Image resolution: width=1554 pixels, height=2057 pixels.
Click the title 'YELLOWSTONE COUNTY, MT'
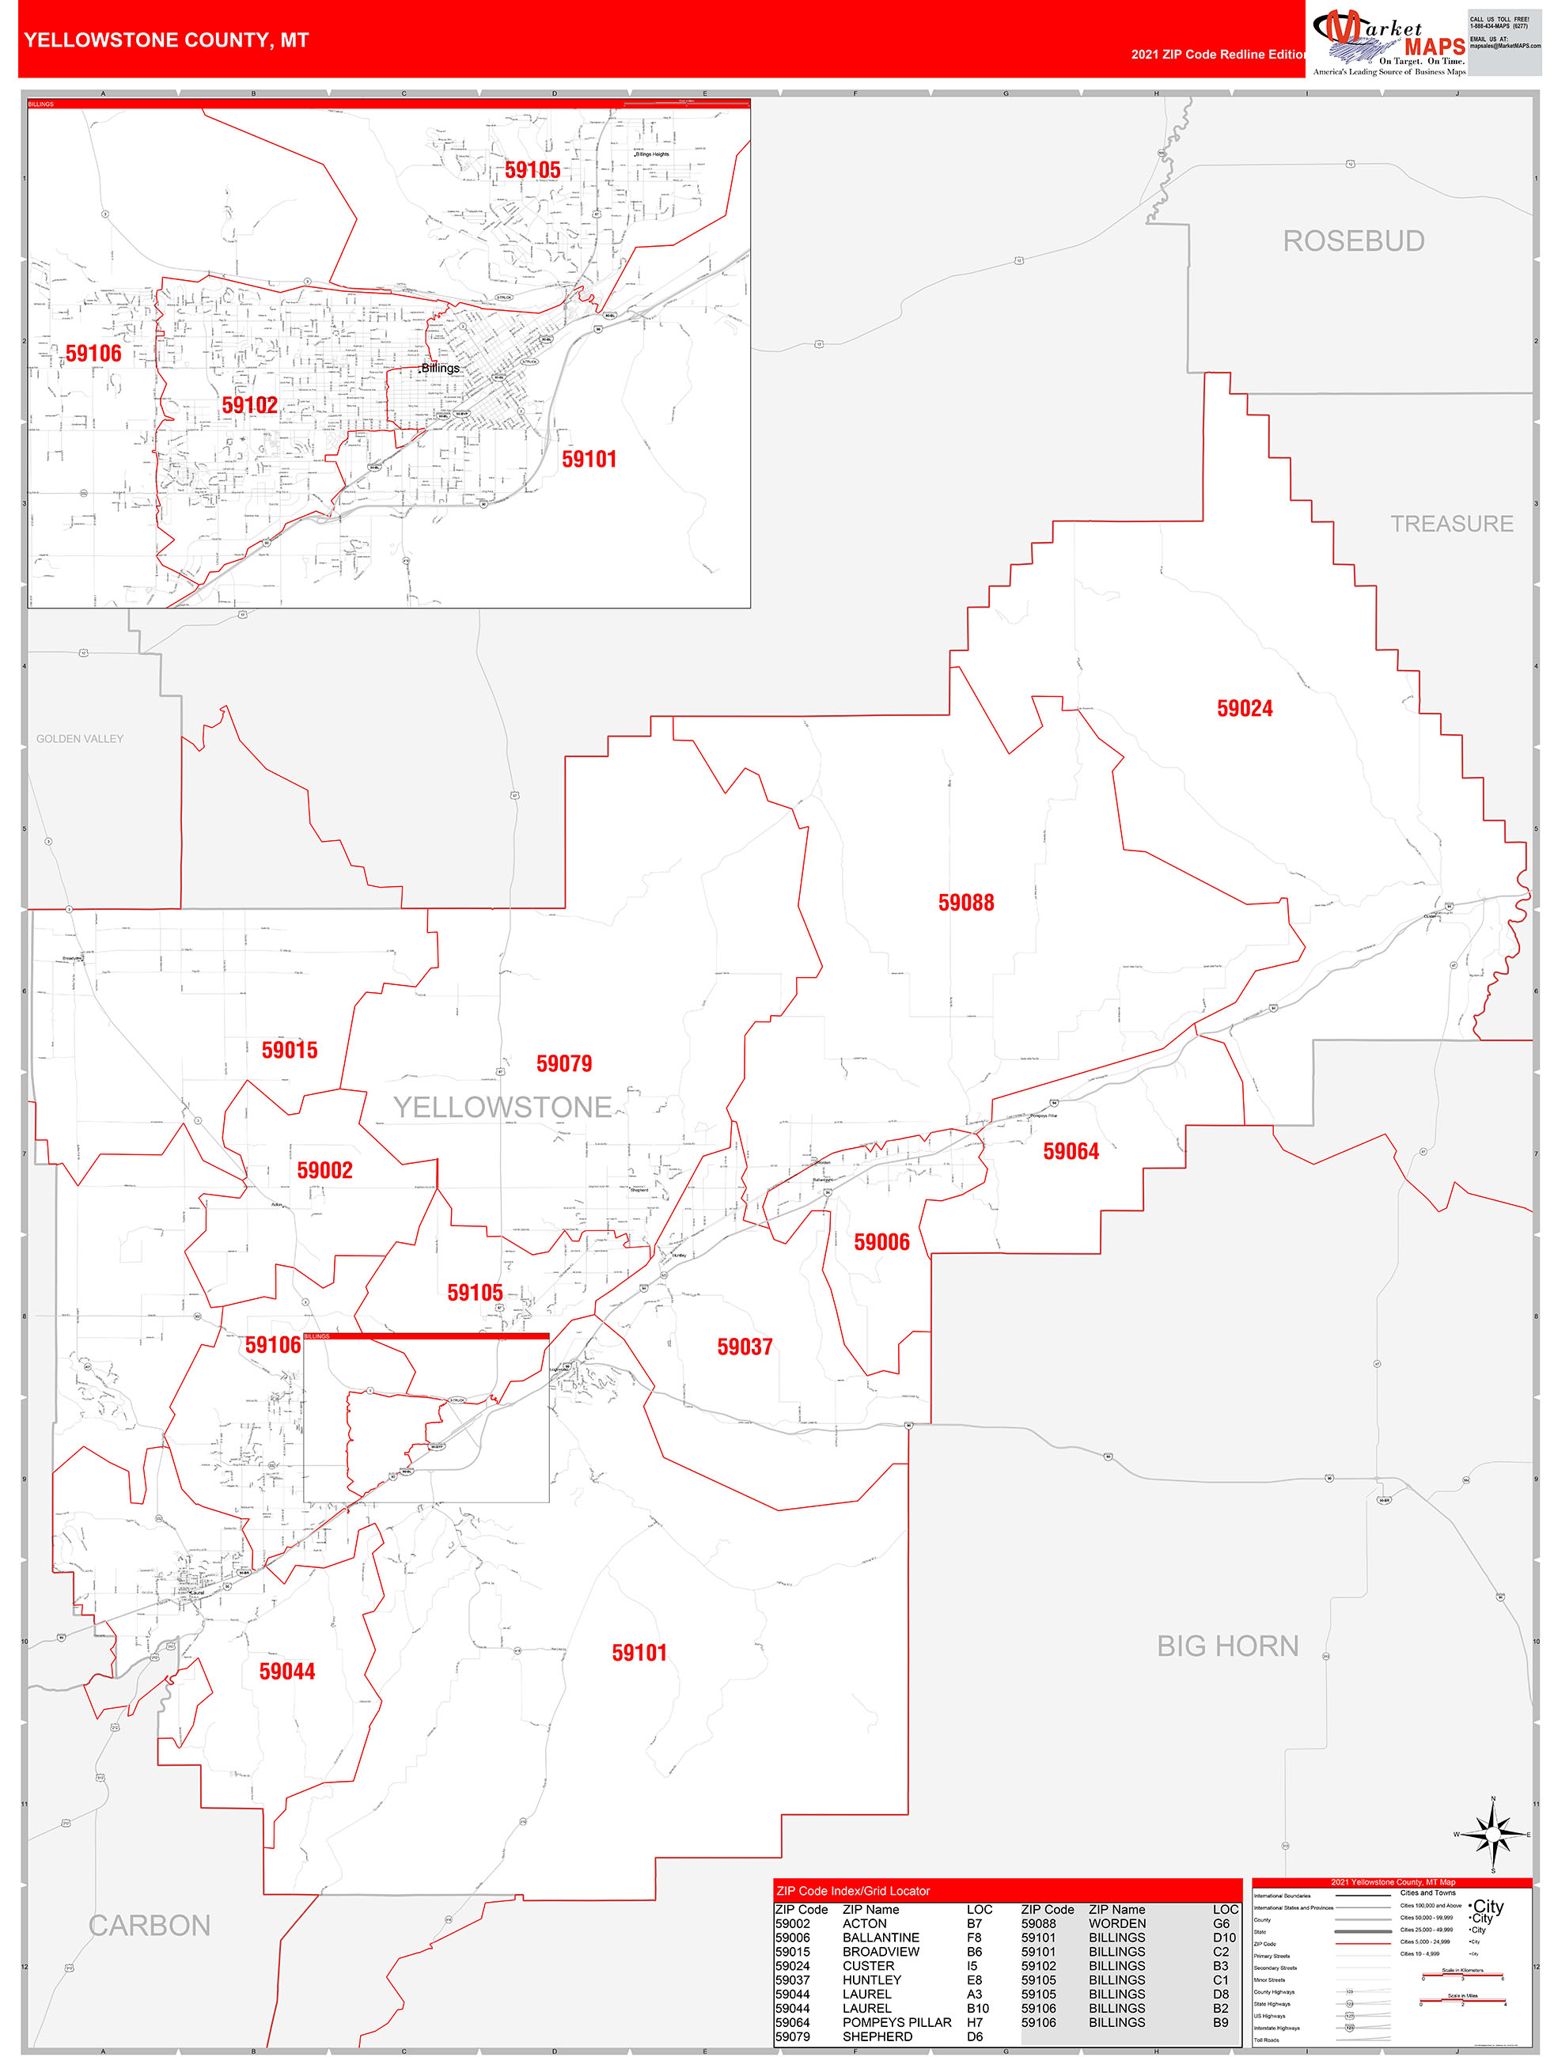pyautogui.click(x=166, y=40)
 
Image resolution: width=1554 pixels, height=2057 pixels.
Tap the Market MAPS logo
pyautogui.click(x=1389, y=42)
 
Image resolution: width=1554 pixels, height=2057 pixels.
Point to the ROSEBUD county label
pyautogui.click(x=1353, y=241)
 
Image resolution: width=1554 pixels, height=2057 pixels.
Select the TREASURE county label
pyautogui.click(x=1451, y=524)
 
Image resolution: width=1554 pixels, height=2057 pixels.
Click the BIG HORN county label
pyautogui.click(x=1226, y=1646)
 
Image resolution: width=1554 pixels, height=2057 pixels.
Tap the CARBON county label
pyautogui.click(x=150, y=1925)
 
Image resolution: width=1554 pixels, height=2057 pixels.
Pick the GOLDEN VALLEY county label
pyautogui.click(x=80, y=738)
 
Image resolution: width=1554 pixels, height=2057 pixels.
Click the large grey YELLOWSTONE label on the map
pyautogui.click(x=502, y=1107)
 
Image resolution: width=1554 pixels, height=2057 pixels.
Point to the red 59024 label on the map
pyautogui.click(x=1245, y=709)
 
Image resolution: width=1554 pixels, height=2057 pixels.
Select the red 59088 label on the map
pyautogui.click(x=965, y=903)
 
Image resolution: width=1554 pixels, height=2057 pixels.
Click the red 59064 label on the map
pyautogui.click(x=1071, y=1151)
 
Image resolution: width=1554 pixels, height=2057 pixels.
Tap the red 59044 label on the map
pyautogui.click(x=286, y=1671)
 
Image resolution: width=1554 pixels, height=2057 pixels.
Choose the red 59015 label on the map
pyautogui.click(x=290, y=1050)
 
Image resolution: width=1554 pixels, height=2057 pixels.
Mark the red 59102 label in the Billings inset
pyautogui.click(x=249, y=404)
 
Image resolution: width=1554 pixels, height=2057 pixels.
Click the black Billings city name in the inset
pyautogui.click(x=441, y=367)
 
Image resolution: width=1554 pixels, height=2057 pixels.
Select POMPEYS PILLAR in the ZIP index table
pyautogui.click(x=896, y=2021)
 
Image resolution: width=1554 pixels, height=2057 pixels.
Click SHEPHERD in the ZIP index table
pyautogui.click(x=877, y=2036)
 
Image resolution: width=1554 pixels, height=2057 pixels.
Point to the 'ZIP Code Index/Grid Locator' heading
pyautogui.click(x=853, y=1891)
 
